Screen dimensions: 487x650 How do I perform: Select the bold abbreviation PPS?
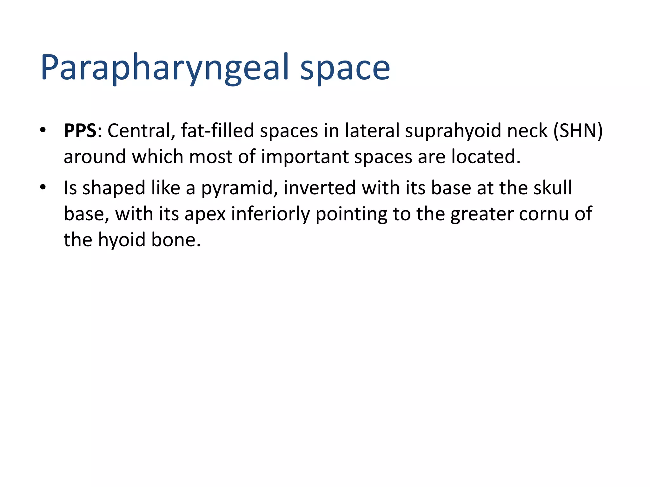point(80,131)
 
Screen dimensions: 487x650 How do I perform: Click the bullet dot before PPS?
point(43,130)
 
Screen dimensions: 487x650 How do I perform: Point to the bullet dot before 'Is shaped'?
point(43,187)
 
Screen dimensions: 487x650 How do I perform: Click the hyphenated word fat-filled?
point(218,131)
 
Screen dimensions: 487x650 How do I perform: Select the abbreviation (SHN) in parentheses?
point(578,131)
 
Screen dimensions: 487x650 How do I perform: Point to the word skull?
point(553,188)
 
